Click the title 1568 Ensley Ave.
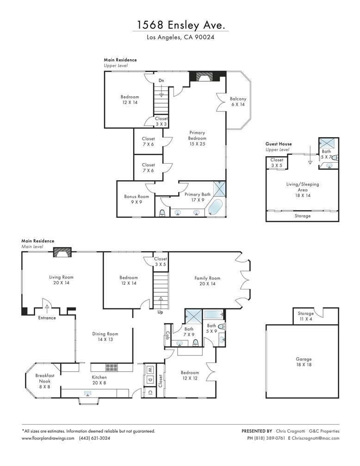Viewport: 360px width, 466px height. [180, 25]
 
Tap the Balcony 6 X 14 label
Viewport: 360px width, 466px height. [238, 102]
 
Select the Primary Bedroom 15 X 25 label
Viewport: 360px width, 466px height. [197, 138]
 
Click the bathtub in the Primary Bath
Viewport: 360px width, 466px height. [215, 207]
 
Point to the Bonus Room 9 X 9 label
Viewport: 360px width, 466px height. [137, 199]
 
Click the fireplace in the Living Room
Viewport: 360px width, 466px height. [62, 252]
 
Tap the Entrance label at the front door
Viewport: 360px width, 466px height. [47, 318]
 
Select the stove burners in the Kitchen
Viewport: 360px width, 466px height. [112, 368]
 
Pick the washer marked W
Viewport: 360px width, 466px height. [150, 370]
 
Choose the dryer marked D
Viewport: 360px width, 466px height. [150, 380]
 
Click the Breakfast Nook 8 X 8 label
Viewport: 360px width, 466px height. [45, 381]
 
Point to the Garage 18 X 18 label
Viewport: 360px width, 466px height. [304, 362]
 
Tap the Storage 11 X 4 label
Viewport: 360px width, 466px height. [305, 316]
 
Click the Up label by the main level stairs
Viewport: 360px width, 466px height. [161, 312]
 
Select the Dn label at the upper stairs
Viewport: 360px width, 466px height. [161, 80]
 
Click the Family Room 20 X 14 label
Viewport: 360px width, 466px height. [207, 281]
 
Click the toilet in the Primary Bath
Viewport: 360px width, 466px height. [162, 213]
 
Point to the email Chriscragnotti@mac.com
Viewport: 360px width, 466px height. [316, 438]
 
